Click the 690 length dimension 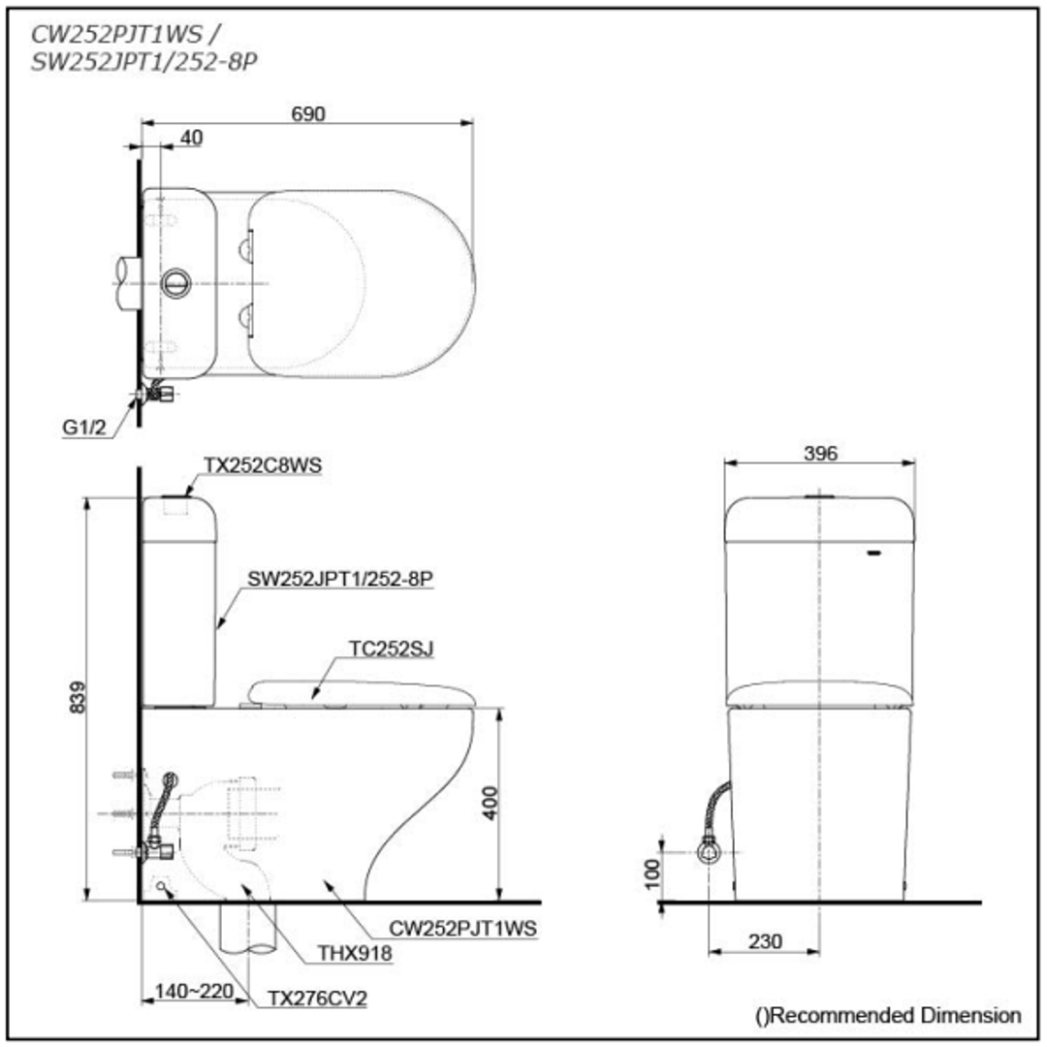click(x=308, y=114)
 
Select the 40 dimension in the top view click(x=192, y=138)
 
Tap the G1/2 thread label click(x=84, y=428)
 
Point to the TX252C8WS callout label click(x=263, y=464)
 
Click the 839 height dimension click(x=79, y=697)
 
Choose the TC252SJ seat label click(x=392, y=649)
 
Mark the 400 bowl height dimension click(x=491, y=803)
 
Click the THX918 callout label click(x=355, y=953)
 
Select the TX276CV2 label click(x=317, y=999)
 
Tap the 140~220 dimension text click(x=194, y=991)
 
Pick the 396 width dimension click(x=820, y=454)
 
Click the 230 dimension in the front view click(x=765, y=941)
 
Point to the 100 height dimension click(x=652, y=874)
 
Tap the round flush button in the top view click(x=175, y=283)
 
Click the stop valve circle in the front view click(x=709, y=852)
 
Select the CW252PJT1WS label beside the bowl click(x=462, y=928)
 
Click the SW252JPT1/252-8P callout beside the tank click(x=340, y=578)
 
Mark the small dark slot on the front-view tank click(x=873, y=553)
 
